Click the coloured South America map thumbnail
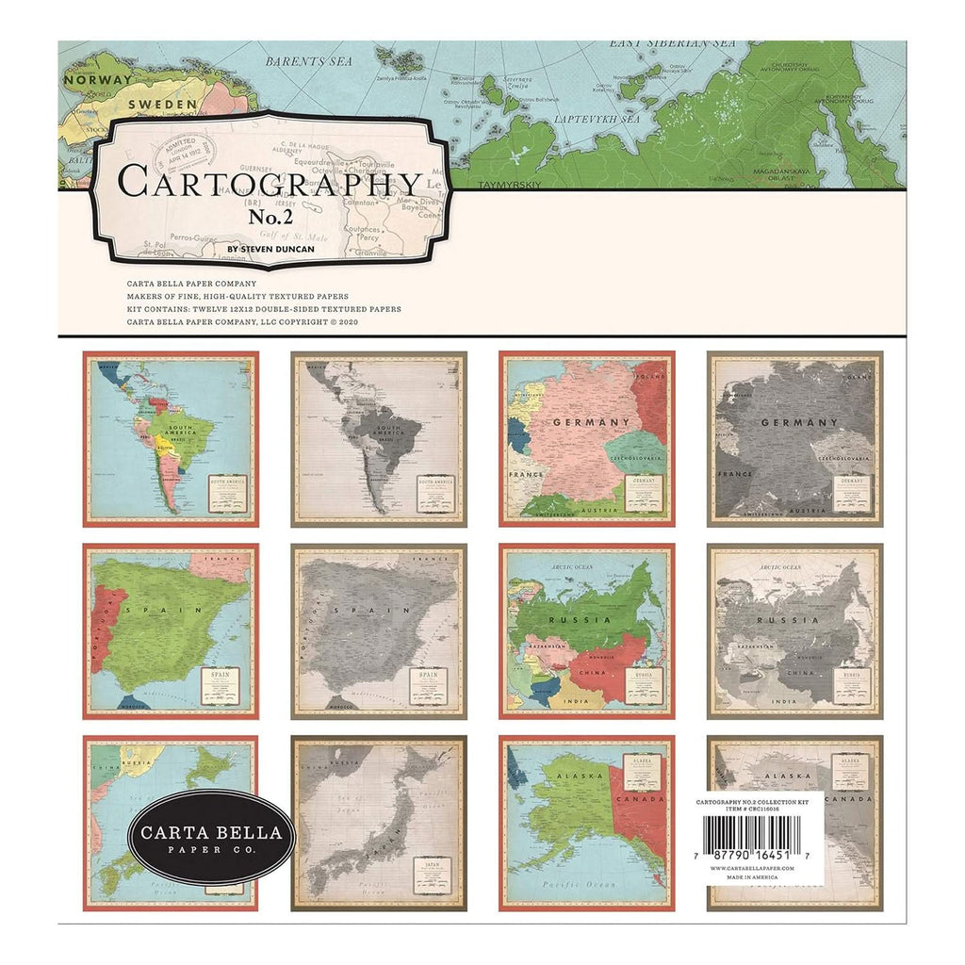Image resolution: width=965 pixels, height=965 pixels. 171,438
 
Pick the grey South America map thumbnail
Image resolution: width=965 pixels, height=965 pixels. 379,438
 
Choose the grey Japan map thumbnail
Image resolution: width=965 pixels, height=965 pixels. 379,823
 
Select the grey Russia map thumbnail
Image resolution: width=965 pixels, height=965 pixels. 794,630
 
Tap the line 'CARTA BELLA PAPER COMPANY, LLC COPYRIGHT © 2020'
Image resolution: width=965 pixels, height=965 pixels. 242,321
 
